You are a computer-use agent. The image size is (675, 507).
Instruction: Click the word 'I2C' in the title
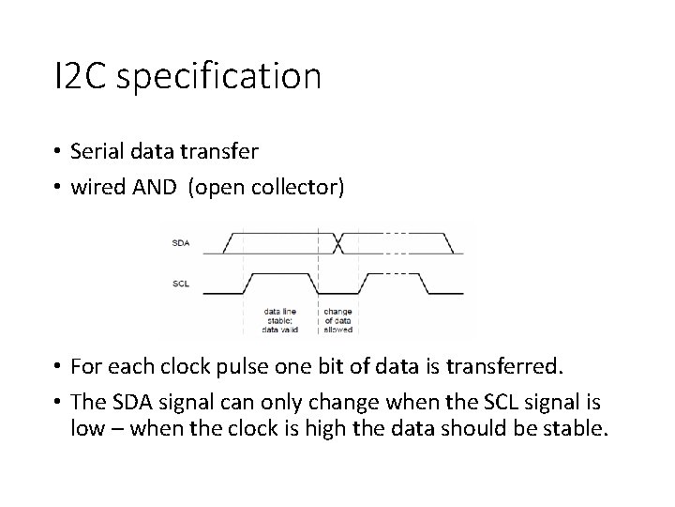[x=83, y=76]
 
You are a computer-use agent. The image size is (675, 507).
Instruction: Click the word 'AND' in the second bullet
[x=155, y=188]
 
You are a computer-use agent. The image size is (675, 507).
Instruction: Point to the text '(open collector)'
[x=266, y=188]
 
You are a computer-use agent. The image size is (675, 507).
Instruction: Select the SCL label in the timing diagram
[x=181, y=282]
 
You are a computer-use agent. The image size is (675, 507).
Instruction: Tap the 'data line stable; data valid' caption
[x=281, y=319]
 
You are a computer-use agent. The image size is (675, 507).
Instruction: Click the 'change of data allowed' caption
[x=338, y=319]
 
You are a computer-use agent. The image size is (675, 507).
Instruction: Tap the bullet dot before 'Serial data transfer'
[x=58, y=151]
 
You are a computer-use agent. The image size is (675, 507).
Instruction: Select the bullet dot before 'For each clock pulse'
[x=58, y=365]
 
